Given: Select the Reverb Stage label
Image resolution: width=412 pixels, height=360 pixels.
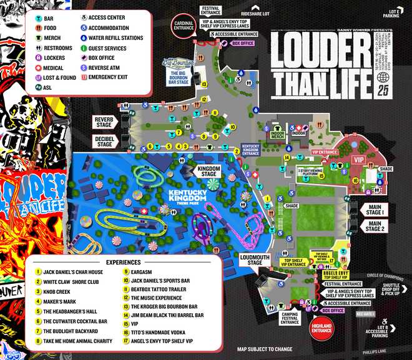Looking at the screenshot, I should tap(104, 120).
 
